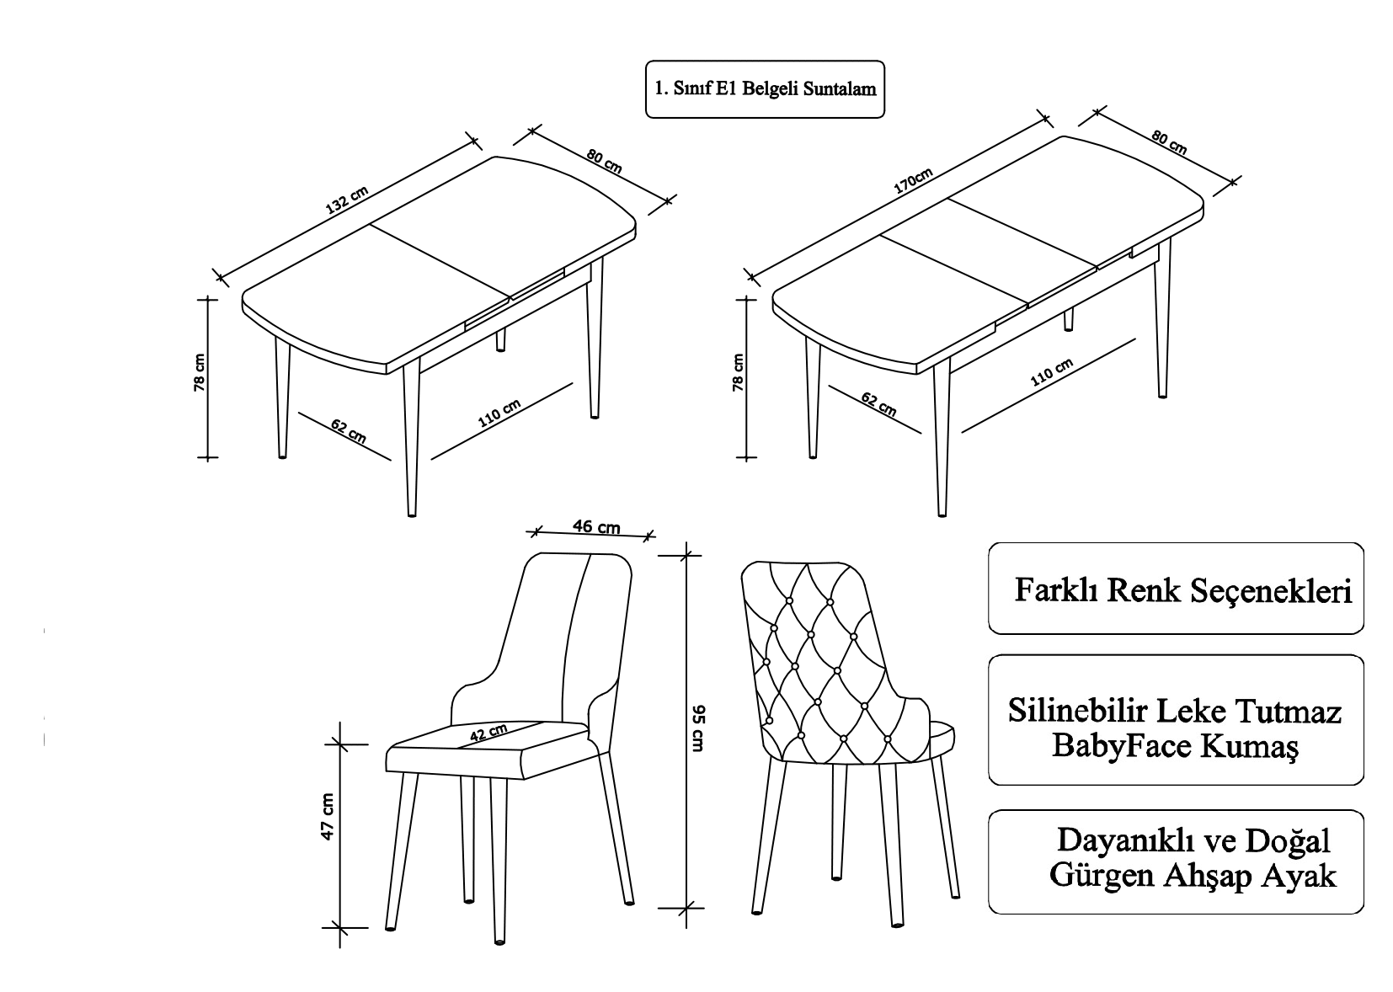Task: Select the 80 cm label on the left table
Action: tap(604, 161)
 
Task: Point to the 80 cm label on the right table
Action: tap(1168, 142)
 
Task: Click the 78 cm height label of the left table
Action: tap(200, 372)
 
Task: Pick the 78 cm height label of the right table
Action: tap(738, 372)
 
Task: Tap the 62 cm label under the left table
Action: tap(348, 430)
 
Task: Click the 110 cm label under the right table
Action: tap(1052, 371)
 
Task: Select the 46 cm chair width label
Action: tap(596, 527)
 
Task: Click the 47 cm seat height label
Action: tap(328, 816)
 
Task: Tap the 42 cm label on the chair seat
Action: tap(488, 733)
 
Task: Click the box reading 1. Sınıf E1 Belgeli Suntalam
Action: tap(765, 88)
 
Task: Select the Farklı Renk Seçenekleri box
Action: tap(1176, 589)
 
